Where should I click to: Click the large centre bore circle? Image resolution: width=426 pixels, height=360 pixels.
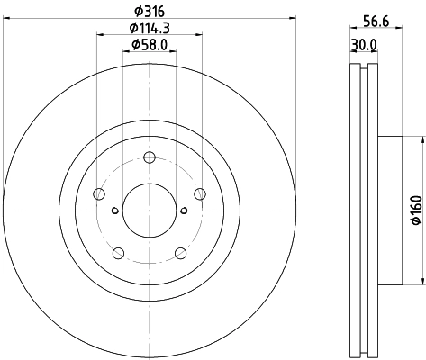[149, 211]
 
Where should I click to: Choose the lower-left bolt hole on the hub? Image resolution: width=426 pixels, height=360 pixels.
[118, 253]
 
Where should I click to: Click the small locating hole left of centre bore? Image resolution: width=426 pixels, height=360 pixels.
[114, 211]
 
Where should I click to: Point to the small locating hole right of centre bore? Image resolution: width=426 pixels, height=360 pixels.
[184, 211]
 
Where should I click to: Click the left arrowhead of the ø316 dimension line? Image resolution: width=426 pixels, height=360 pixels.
[9, 20]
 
